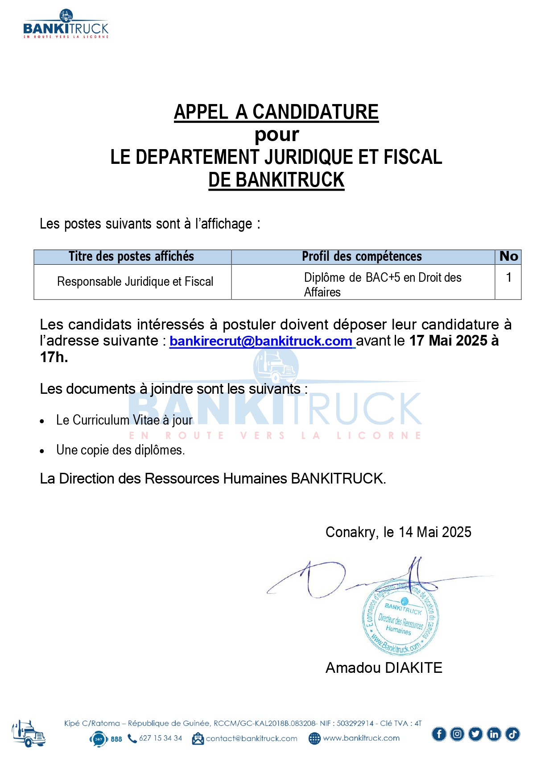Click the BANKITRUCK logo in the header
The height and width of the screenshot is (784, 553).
[x=66, y=25]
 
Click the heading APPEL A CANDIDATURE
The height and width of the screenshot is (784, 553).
[x=276, y=112]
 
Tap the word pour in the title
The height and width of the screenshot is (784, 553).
[x=276, y=135]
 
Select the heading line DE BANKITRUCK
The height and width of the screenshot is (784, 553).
[x=276, y=180]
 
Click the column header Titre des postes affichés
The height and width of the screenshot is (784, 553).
[x=132, y=257]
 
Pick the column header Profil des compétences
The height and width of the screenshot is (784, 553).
[x=362, y=257]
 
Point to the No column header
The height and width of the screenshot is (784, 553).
[x=508, y=257]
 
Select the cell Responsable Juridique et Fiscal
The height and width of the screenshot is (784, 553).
[x=135, y=282]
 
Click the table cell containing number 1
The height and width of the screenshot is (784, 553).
[x=508, y=278]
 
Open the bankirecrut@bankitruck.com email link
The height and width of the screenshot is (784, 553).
[x=261, y=341]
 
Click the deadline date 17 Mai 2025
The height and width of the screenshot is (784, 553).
[x=448, y=341]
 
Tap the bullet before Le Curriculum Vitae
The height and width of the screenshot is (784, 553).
[x=42, y=421]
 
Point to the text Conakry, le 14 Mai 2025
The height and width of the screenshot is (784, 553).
[x=398, y=532]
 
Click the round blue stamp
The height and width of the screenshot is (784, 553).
[x=400, y=619]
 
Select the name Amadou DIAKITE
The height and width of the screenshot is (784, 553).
[x=384, y=668]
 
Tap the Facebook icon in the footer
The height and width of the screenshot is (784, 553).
[x=439, y=734]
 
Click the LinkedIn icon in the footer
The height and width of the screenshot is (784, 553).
[x=494, y=734]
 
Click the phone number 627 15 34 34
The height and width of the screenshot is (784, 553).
[x=161, y=738]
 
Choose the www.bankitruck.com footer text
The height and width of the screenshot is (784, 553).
[x=361, y=738]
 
